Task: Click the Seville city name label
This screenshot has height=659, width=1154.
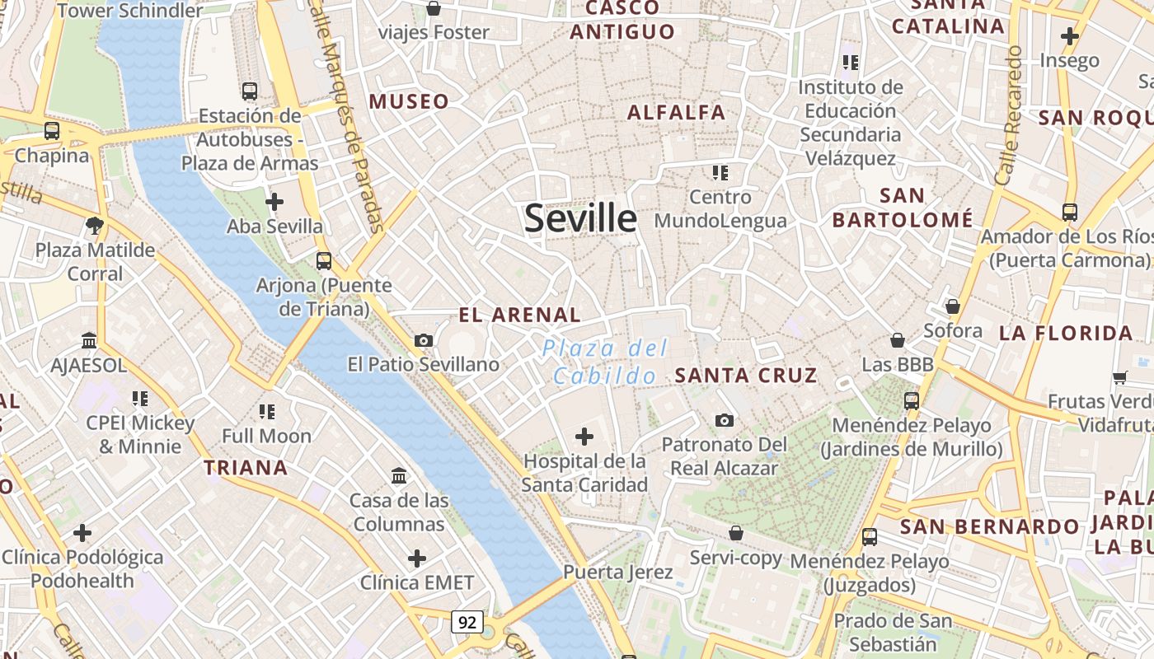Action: (x=580, y=218)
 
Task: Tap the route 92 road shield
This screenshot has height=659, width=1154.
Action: (x=467, y=622)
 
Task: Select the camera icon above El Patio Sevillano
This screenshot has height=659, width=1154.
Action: (x=424, y=340)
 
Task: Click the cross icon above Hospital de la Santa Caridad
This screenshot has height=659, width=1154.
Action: (x=584, y=436)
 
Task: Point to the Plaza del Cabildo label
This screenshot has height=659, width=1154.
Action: (x=606, y=362)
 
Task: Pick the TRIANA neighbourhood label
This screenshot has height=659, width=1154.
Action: (x=246, y=468)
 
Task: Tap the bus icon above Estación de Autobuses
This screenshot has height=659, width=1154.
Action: (x=250, y=91)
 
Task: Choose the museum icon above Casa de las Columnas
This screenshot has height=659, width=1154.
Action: (x=400, y=475)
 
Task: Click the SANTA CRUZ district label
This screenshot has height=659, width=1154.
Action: (x=746, y=376)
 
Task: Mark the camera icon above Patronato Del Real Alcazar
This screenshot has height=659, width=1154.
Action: (x=725, y=420)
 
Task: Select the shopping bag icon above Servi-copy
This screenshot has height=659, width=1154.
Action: (x=736, y=533)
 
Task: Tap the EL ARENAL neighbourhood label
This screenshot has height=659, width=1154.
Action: (x=520, y=315)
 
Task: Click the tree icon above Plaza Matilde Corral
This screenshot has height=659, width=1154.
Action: (x=95, y=225)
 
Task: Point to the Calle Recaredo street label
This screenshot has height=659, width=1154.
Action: (x=1009, y=115)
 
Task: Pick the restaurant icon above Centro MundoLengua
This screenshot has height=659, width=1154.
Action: (x=720, y=173)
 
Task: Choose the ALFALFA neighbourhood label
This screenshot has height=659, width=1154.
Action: (x=677, y=113)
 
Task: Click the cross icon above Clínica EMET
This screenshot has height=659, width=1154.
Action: (x=417, y=559)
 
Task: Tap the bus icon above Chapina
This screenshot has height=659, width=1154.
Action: (x=52, y=130)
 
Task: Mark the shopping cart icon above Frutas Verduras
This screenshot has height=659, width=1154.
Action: (x=1119, y=377)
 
